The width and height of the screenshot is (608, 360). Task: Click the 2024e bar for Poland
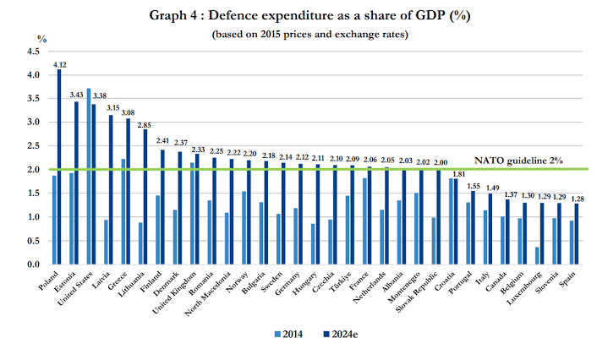coord(59,166)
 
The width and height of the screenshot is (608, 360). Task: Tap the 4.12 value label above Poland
coord(59,64)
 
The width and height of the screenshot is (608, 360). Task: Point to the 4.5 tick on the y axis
coord(35,52)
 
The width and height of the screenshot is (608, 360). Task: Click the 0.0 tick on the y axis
coord(35,265)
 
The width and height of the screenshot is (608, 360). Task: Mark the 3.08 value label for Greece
coord(128,113)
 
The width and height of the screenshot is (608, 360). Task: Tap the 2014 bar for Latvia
coord(106,242)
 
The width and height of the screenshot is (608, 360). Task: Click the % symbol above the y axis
coord(41,39)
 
